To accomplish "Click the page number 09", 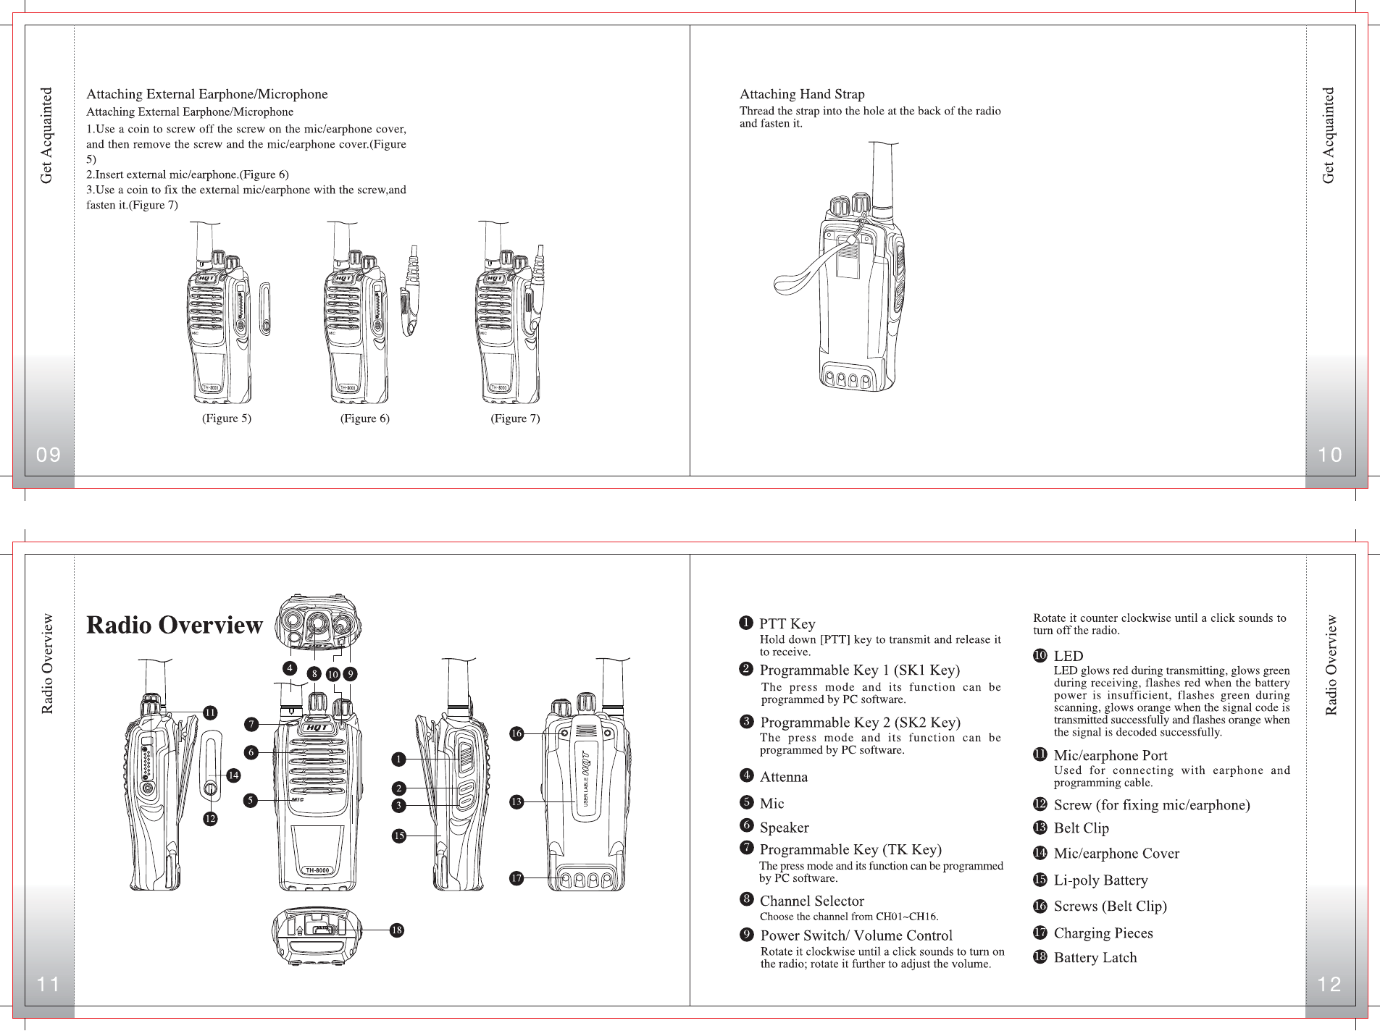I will point(49,455).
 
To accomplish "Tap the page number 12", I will point(1329,984).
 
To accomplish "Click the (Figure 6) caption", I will point(364,418).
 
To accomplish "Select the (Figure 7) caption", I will point(515,418).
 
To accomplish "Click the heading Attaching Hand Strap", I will point(801,94).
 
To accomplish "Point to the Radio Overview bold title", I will point(175,625).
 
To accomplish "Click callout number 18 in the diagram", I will point(396,930).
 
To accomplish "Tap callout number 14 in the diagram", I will point(233,775).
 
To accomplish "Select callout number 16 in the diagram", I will point(516,733).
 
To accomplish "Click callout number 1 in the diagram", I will point(398,759).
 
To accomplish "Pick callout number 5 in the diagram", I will point(251,800).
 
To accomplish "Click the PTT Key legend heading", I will point(787,624).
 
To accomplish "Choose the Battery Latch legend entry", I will point(1095,958).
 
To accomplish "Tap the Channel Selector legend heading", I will point(811,901).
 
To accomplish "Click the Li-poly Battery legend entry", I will point(1100,880).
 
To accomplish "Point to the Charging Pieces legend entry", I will point(1103,933).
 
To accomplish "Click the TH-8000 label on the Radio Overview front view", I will point(317,870).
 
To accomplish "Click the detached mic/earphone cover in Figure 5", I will point(264,309).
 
